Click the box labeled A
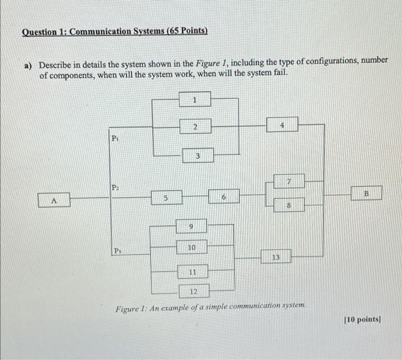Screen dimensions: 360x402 (x=55, y=200)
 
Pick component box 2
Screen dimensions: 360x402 (x=195, y=127)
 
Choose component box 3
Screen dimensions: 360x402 (x=196, y=155)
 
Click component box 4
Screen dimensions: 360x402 (x=282, y=125)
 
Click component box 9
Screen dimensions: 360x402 (x=191, y=227)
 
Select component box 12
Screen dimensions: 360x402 (x=194, y=292)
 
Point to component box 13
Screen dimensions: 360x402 (x=276, y=257)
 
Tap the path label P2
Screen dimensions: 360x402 (x=115, y=187)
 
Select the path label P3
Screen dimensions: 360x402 (x=117, y=250)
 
